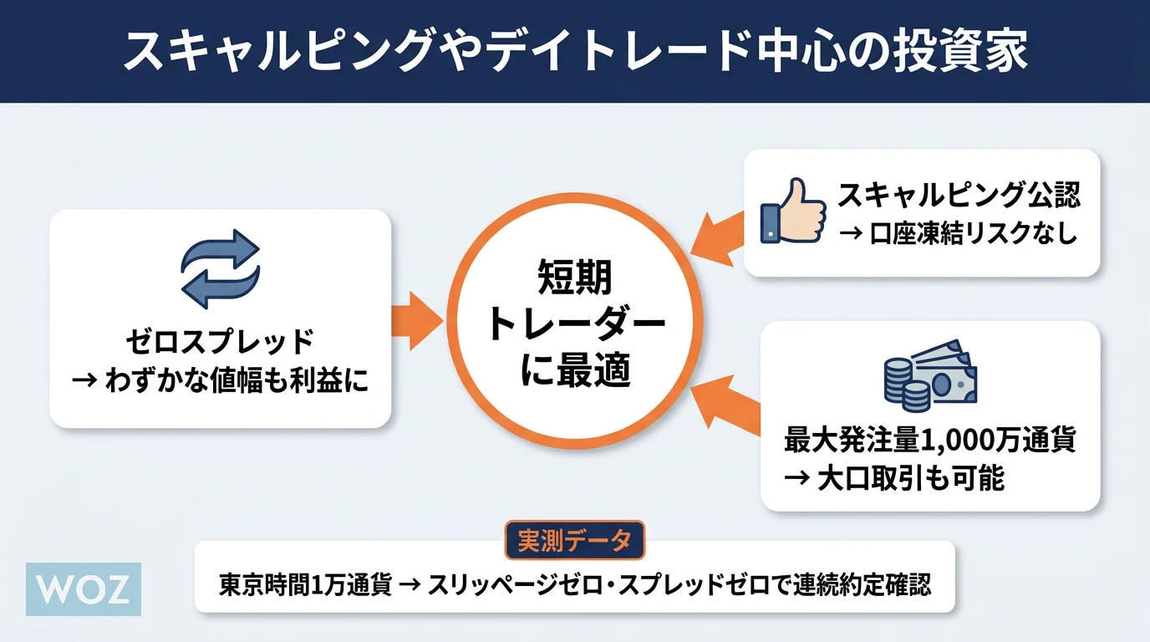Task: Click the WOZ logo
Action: click(x=84, y=589)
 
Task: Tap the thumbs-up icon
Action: click(x=790, y=211)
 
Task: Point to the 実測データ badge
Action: click(x=575, y=541)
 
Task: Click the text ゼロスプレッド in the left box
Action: click(x=220, y=343)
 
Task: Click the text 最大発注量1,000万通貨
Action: click(x=929, y=440)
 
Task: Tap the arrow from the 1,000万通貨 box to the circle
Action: click(x=724, y=404)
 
